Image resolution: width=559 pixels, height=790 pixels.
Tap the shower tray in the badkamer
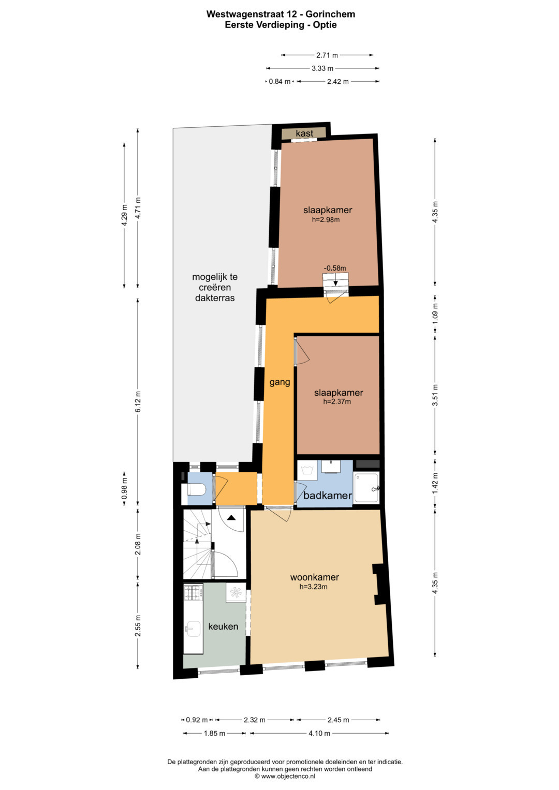tap(366, 487)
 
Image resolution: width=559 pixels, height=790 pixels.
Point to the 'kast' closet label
tap(304, 133)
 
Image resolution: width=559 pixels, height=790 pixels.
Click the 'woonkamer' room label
tap(315, 577)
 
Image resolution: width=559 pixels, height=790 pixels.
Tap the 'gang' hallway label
tap(280, 382)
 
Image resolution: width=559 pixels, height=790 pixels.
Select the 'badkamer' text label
tap(328, 496)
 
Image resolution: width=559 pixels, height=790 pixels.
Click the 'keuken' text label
tap(223, 627)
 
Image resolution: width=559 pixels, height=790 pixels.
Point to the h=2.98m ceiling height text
tap(326, 220)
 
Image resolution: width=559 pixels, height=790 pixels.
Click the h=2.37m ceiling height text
tap(337, 401)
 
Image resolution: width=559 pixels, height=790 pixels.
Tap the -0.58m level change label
tap(335, 268)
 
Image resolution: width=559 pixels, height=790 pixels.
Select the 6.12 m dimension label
tap(138, 401)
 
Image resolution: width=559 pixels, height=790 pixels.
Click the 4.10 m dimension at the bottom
tap(319, 733)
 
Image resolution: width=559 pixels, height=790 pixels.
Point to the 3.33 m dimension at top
tap(322, 68)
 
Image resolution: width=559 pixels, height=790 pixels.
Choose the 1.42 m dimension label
tap(435, 483)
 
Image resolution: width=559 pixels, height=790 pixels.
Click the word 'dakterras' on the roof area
tap(215, 298)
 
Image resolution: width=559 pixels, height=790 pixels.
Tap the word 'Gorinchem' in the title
tap(330, 14)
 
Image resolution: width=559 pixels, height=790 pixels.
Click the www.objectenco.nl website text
tap(288, 776)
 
